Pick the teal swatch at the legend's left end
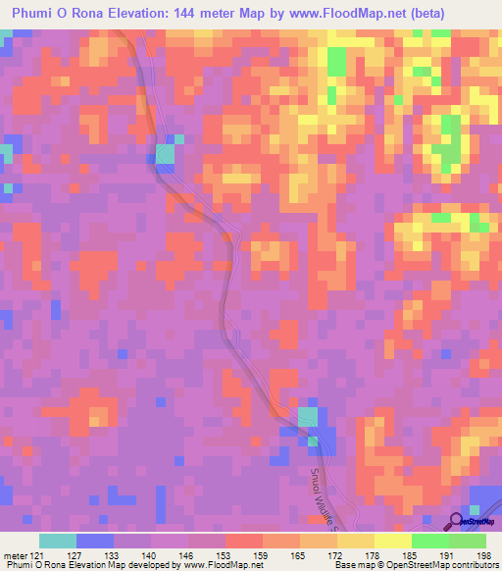pyautogui.click(x=57, y=541)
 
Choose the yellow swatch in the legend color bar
pyautogui.click(x=392, y=541)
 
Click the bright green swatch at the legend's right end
pyautogui.click(x=467, y=541)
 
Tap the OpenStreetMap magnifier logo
pyautogui.click(x=456, y=520)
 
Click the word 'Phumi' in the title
pyautogui.click(x=32, y=13)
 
